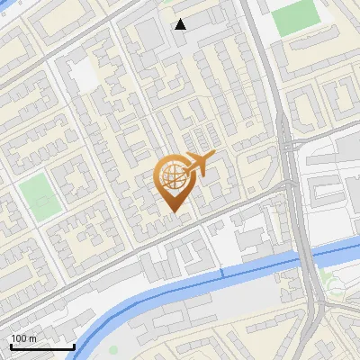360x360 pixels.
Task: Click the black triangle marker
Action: click(181, 24)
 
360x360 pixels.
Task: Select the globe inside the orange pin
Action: click(171, 177)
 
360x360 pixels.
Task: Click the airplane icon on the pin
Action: click(200, 165)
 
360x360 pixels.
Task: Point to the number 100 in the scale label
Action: click(18, 338)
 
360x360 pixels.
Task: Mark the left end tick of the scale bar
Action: click(10, 346)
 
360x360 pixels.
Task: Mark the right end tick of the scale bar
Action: click(74, 346)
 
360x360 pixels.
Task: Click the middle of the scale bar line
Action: click(42, 347)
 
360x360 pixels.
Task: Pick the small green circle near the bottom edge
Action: click(113, 349)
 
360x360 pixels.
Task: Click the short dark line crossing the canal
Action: click(221, 271)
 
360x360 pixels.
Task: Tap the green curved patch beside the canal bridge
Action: click(334, 286)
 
